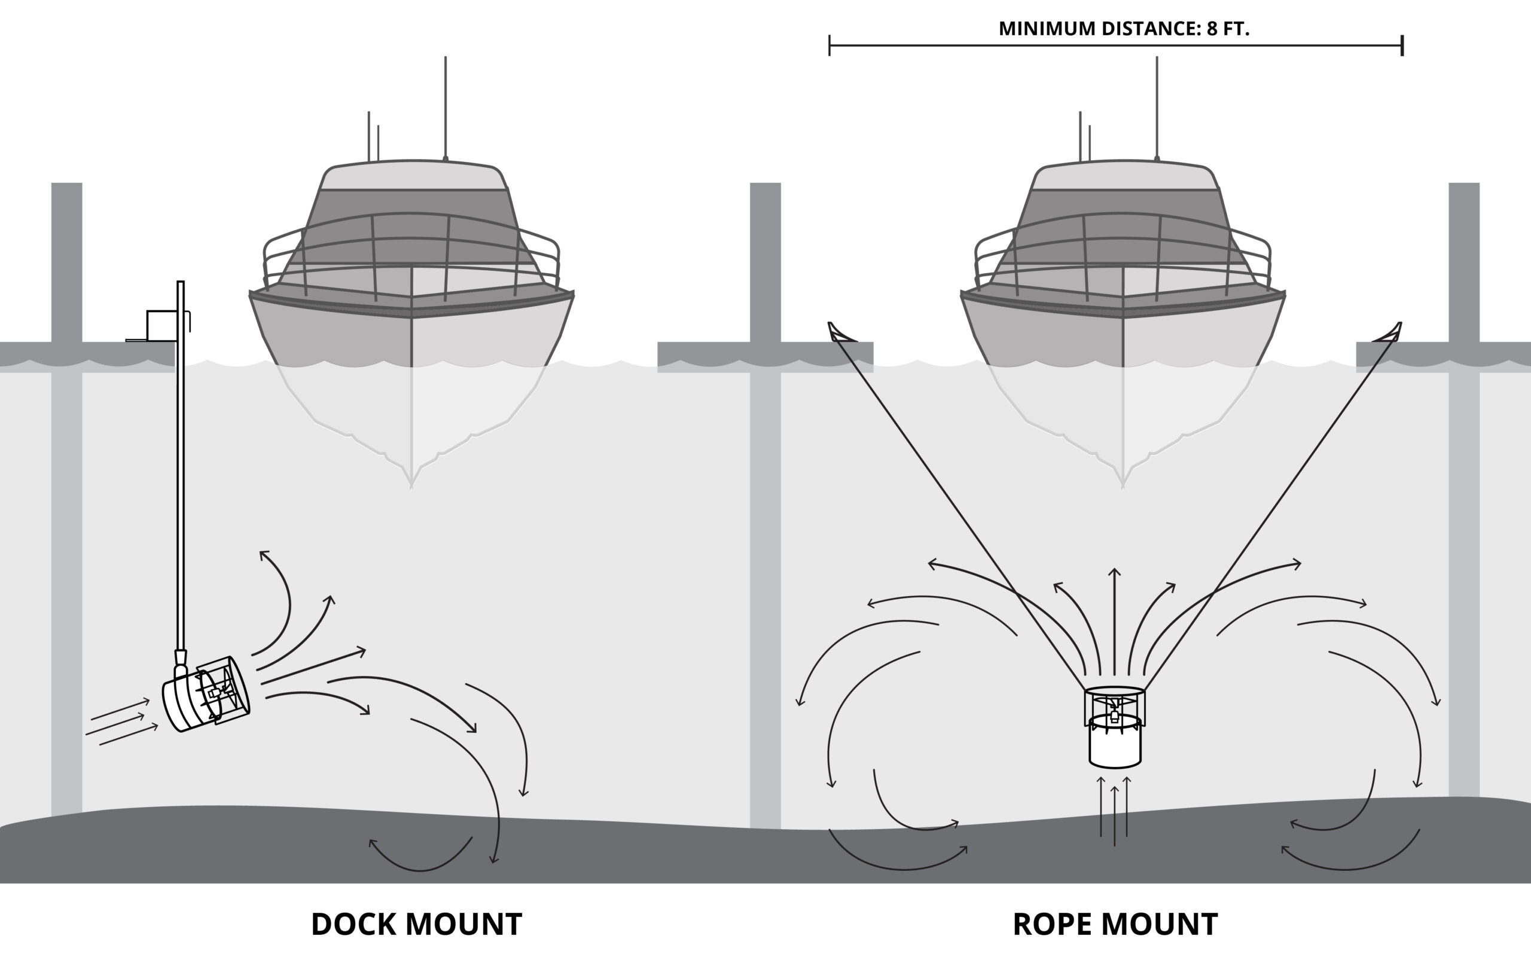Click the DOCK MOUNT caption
coord(416,924)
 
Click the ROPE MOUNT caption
coord(1115,924)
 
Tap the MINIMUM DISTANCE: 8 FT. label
coord(1124,29)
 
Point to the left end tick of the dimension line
coord(829,46)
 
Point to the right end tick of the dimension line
coord(1402,46)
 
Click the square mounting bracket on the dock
coord(161,325)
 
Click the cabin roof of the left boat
coord(414,175)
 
